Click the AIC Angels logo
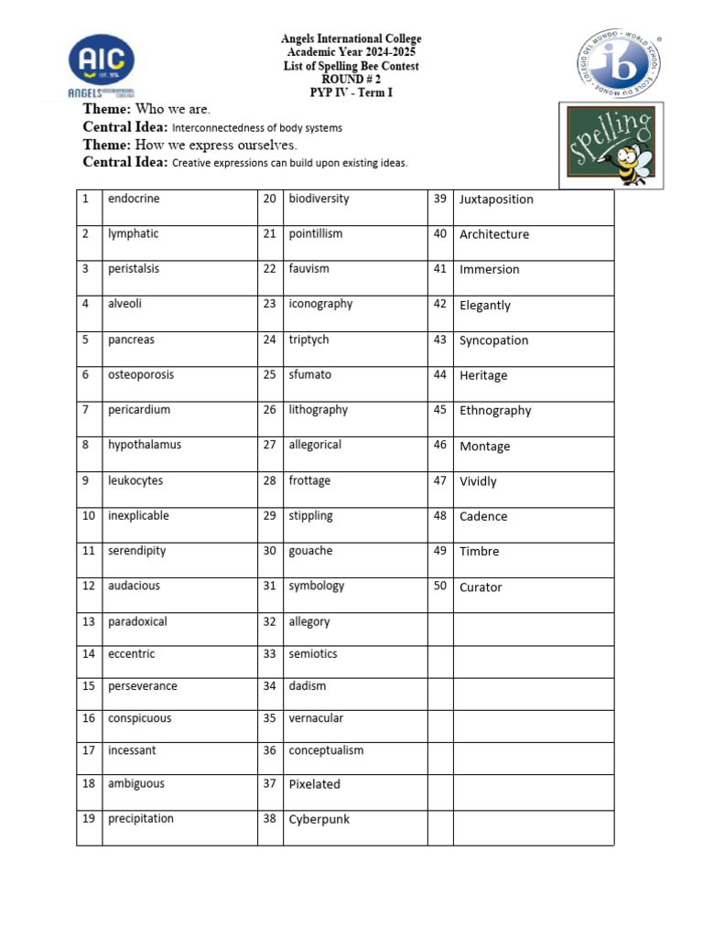(x=101, y=66)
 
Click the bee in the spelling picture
(x=631, y=156)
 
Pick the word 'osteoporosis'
(x=140, y=374)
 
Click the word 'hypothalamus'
(x=145, y=445)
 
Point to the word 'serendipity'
(x=136, y=551)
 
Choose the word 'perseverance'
(x=143, y=686)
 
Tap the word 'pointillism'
(x=316, y=233)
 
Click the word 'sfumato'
(x=310, y=374)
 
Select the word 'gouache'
(x=311, y=551)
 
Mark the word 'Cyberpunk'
(x=319, y=819)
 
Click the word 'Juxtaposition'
(x=496, y=199)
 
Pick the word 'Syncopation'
(x=494, y=340)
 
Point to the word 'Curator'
(x=481, y=587)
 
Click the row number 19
(x=89, y=819)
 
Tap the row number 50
(x=440, y=586)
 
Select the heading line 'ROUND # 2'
(x=351, y=80)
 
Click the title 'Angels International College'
(x=351, y=39)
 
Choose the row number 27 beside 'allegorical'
(x=269, y=445)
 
